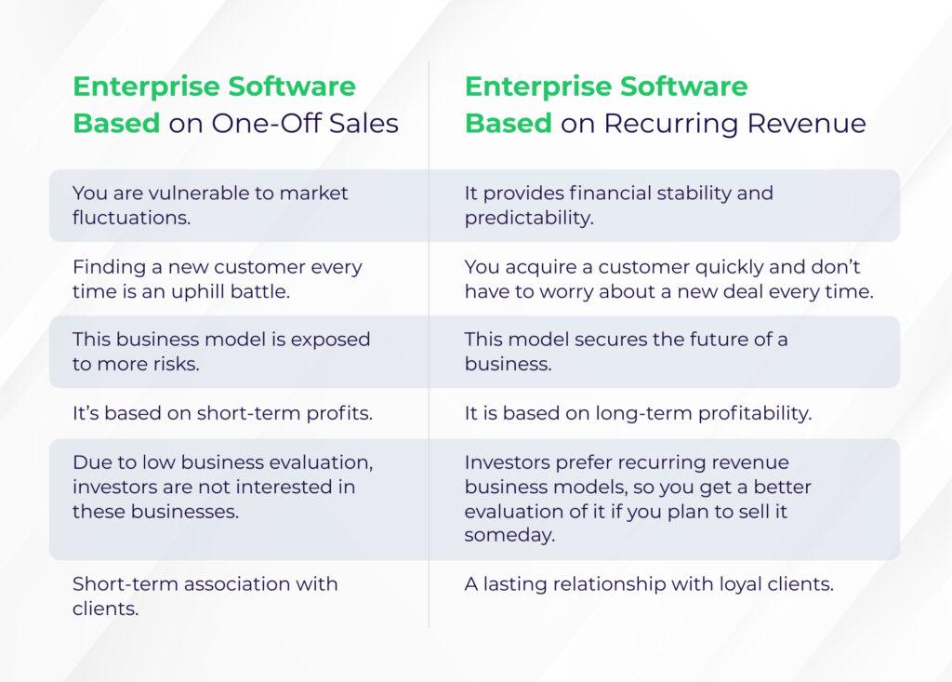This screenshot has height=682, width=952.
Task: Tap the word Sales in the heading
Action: (364, 124)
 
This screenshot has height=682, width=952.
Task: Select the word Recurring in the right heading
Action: (670, 124)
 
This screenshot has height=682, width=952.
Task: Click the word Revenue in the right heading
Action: (807, 124)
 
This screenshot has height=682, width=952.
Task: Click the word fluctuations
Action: (132, 218)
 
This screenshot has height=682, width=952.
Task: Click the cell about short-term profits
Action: (222, 413)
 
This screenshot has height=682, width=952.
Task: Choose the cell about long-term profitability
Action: (638, 413)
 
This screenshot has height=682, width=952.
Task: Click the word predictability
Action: (529, 219)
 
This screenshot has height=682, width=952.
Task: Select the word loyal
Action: (740, 584)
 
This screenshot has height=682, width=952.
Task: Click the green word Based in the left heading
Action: (116, 124)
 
